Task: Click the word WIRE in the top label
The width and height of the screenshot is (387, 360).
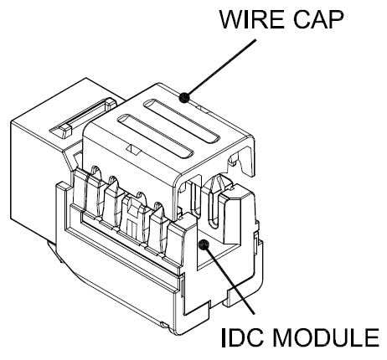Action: [252, 19]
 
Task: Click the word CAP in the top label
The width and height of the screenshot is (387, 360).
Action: [318, 19]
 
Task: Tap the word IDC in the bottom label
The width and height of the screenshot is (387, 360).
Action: [242, 338]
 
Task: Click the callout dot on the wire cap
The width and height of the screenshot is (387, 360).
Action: [184, 97]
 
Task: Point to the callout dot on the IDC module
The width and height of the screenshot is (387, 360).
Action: [204, 244]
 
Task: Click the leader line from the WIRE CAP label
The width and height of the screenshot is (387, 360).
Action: [220, 69]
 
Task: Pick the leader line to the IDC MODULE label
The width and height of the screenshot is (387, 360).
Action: [229, 280]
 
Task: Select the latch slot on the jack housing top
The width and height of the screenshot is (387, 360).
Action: [83, 117]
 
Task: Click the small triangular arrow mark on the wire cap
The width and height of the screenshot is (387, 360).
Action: [133, 150]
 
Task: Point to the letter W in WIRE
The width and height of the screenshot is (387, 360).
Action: [232, 20]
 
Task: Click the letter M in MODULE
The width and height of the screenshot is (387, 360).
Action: [282, 338]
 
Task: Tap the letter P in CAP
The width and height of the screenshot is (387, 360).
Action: [336, 20]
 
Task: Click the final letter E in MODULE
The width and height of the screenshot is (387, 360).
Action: [372, 338]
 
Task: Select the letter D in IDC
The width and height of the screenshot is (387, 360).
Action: [236, 338]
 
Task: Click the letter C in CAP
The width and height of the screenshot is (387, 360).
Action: [302, 19]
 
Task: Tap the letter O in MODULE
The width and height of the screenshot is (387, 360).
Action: [304, 338]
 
